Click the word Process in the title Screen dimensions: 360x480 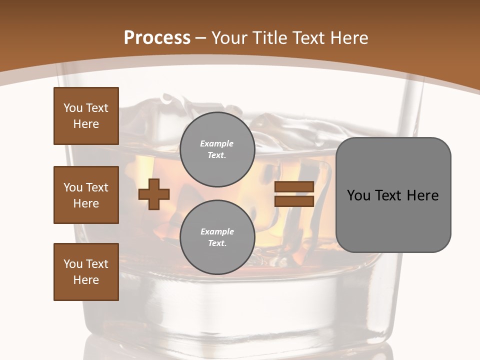point(157,38)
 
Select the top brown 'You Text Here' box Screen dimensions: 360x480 point(86,116)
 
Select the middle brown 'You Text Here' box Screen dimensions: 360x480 point(86,195)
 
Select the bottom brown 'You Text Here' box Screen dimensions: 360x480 point(86,272)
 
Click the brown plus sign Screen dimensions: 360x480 point(154,194)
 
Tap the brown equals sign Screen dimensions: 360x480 point(294,194)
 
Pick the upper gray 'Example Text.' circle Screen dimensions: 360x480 point(217,149)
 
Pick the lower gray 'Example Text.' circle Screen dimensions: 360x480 point(217,237)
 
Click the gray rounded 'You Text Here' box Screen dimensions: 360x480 point(393,195)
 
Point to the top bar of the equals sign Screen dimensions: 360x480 point(294,187)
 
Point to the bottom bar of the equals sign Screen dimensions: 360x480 point(294,201)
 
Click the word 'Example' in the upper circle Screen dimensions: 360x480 point(217,143)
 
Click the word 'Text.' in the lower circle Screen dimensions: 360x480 point(217,243)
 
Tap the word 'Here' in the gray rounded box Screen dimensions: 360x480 point(422,195)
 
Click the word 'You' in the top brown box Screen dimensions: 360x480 point(73,108)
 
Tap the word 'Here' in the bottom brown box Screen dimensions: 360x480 point(86,280)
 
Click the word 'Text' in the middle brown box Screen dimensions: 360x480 point(97,187)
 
